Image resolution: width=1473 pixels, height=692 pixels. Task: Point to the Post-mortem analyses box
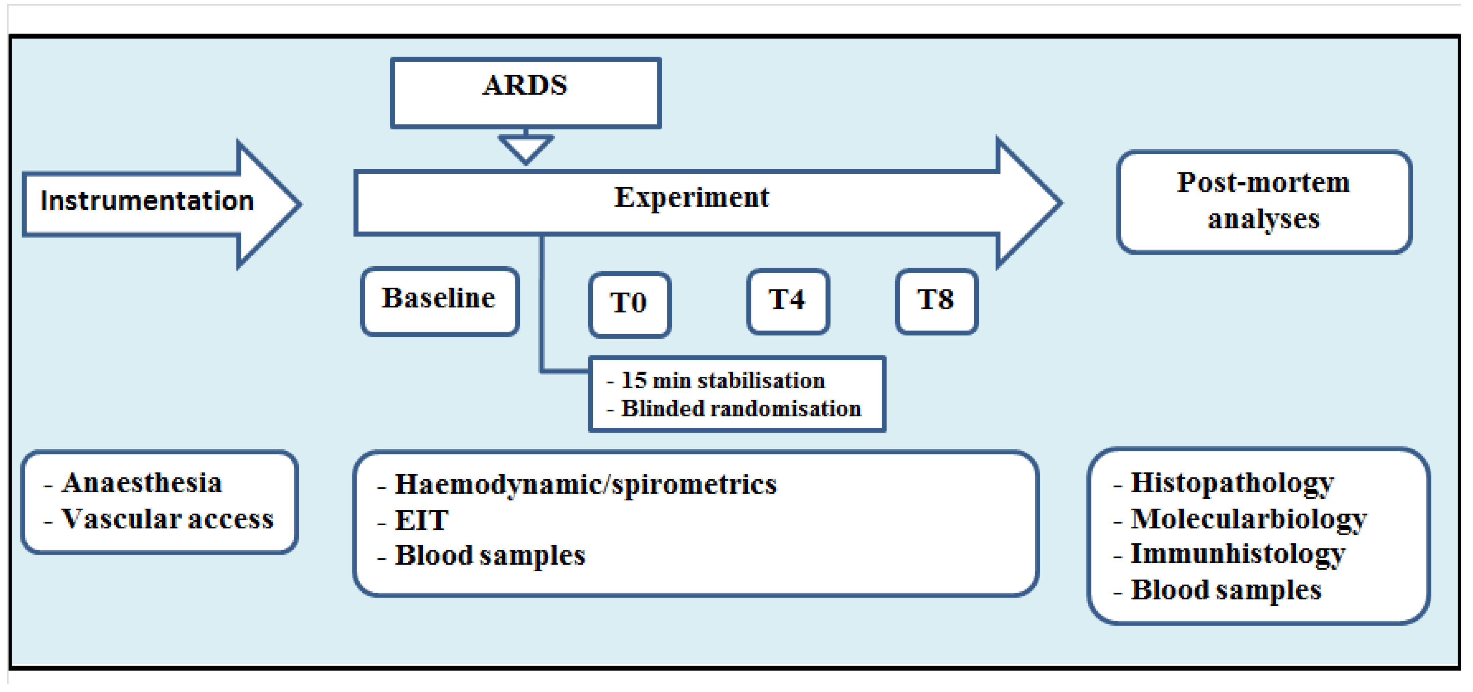[1264, 201]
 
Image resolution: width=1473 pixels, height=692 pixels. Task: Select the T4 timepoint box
[788, 301]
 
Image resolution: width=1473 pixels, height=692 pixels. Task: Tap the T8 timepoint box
[936, 301]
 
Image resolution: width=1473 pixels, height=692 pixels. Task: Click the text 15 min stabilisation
[723, 380]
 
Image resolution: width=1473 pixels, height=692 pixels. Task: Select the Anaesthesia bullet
[142, 483]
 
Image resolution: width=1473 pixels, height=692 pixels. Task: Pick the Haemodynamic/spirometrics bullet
[585, 485]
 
